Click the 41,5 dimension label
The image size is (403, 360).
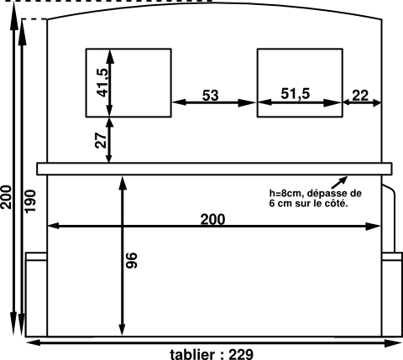(x=102, y=83)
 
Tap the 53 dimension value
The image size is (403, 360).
(x=210, y=95)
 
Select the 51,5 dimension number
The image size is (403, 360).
(x=296, y=93)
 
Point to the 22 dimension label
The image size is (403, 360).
(x=360, y=96)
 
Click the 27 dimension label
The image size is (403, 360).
(x=101, y=139)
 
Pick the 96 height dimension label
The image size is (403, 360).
(x=132, y=260)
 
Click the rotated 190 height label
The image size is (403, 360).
(x=30, y=201)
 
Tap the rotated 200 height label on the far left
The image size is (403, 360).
(x=6, y=197)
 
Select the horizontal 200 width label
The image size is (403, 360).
(x=212, y=219)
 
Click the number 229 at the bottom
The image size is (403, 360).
(x=241, y=354)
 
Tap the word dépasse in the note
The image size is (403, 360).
(x=327, y=194)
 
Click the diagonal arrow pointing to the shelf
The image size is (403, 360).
(x=339, y=183)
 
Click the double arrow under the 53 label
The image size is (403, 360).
(x=214, y=102)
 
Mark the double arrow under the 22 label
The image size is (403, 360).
(x=362, y=102)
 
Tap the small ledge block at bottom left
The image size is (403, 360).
(x=36, y=257)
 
